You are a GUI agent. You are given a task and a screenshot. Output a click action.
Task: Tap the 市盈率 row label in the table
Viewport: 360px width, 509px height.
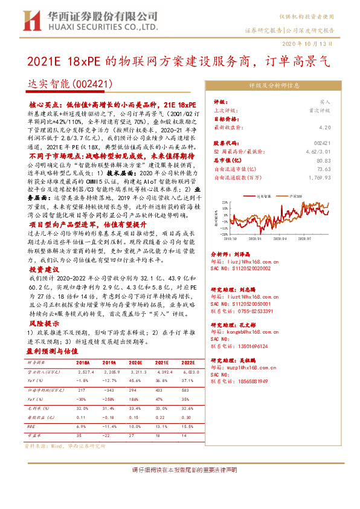tap(35, 434)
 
